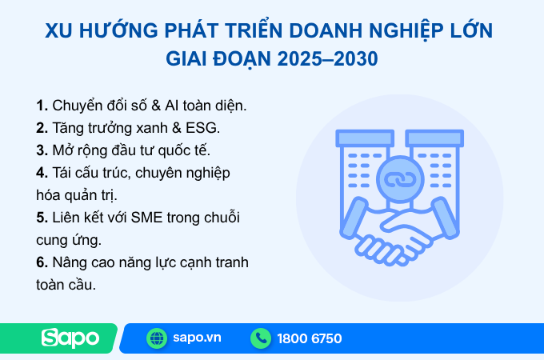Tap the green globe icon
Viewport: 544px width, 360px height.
pyautogui.click(x=157, y=338)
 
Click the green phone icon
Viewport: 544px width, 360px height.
pyautogui.click(x=261, y=338)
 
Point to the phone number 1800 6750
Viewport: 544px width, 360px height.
pyautogui.click(x=310, y=338)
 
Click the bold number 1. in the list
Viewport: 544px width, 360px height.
pyautogui.click(x=42, y=106)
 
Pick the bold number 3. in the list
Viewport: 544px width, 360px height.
pyautogui.click(x=42, y=150)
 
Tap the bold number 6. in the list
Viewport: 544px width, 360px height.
pyautogui.click(x=42, y=262)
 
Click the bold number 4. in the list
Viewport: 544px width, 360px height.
pyautogui.click(x=42, y=172)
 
